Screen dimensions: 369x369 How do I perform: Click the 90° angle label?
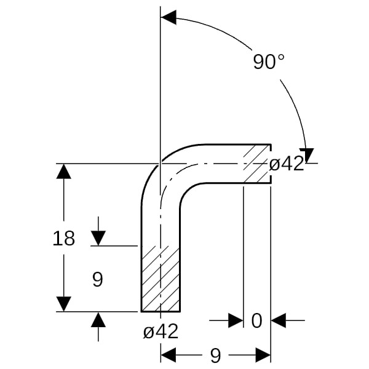coord(269,61)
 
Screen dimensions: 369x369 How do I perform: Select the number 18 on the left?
coord(63,239)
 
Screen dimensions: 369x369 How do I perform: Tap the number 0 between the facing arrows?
coord(256,320)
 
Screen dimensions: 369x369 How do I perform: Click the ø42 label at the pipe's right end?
coord(287,164)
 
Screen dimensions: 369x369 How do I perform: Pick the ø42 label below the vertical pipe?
coord(161,331)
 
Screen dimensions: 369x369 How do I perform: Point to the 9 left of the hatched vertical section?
coord(98,279)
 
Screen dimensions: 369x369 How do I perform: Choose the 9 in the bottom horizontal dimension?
coord(215,355)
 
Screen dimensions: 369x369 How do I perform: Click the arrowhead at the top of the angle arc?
coord(169,17)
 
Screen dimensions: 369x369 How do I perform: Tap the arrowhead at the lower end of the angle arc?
coord(307,156)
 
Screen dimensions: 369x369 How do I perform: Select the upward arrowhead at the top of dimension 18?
coord(63,171)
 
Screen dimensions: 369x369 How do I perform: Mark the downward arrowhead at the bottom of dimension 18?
coord(63,304)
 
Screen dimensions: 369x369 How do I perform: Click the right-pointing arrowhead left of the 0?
coord(236,320)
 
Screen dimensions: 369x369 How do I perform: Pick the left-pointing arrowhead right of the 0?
coord(279,320)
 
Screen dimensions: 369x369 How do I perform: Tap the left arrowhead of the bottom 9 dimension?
coord(169,355)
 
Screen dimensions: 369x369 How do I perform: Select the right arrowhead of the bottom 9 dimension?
coord(263,355)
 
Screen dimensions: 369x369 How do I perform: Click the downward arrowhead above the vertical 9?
coord(98,239)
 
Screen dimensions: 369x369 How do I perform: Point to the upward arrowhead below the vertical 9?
coord(98,319)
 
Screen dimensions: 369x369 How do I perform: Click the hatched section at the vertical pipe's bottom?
coord(161,279)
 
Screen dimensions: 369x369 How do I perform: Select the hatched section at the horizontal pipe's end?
coord(257,164)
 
